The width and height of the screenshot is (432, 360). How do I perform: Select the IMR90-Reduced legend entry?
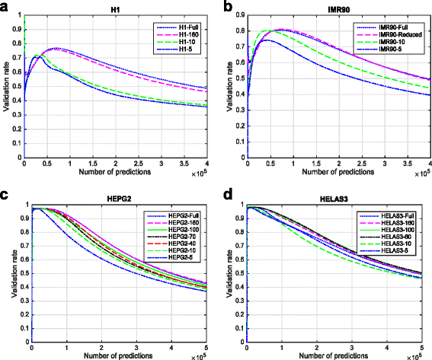(403, 36)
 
